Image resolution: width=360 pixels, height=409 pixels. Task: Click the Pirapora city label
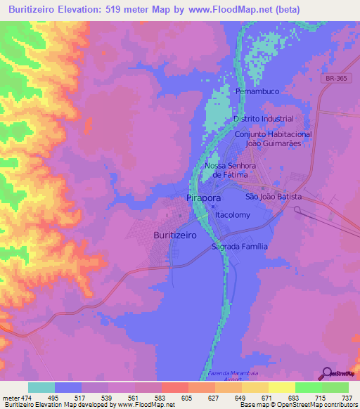point(202,199)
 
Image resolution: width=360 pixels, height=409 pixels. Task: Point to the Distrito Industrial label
point(263,119)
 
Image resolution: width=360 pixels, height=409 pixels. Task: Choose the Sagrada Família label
point(240,247)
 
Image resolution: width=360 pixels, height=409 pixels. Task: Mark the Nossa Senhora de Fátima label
point(226,170)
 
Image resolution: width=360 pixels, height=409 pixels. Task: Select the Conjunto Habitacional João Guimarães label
point(273,138)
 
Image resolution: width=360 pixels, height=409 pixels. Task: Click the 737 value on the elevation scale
point(346,397)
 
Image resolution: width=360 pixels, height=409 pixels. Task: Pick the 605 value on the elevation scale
point(186,397)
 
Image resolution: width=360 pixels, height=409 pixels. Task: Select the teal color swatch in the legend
point(41,387)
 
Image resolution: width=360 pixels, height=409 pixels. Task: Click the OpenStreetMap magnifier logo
point(326,372)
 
